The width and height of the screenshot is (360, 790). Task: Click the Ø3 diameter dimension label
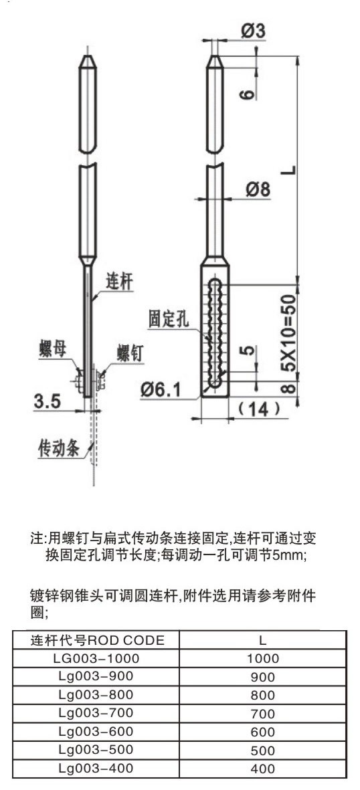click(253, 31)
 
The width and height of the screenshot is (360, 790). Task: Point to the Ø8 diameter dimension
click(258, 189)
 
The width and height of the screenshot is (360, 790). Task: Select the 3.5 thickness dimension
click(48, 401)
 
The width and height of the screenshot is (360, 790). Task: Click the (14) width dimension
click(259, 409)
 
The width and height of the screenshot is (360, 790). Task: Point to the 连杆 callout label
click(120, 281)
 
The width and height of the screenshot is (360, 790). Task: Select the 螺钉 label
click(130, 353)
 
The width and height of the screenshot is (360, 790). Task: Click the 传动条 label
click(59, 448)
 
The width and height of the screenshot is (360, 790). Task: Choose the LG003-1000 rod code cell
click(96, 658)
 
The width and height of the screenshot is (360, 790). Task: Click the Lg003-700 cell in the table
click(96, 713)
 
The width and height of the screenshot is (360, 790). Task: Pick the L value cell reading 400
click(263, 769)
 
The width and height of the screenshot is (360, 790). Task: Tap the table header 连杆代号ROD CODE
click(97, 640)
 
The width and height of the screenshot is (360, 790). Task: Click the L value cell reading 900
click(263, 677)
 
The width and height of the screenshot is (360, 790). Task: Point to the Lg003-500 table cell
click(96, 750)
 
